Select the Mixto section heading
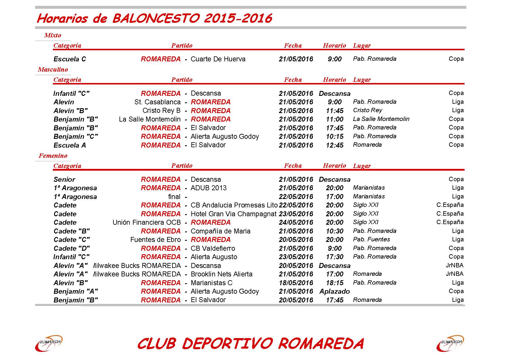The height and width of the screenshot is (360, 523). pyautogui.click(x=53, y=35)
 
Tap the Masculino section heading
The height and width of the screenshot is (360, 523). pyautogui.click(x=53, y=70)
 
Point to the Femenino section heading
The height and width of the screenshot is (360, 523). pyautogui.click(x=53, y=156)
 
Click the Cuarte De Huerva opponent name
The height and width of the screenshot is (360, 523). pyautogui.click(x=218, y=59)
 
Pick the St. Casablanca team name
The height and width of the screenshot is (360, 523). pyautogui.click(x=157, y=102)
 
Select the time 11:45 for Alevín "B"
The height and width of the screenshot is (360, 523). pyautogui.click(x=335, y=111)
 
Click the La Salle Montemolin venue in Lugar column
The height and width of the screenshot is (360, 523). pyautogui.click(x=381, y=119)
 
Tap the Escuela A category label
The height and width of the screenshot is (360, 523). pyautogui.click(x=70, y=145)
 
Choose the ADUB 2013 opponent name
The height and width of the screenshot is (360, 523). pyautogui.click(x=209, y=188)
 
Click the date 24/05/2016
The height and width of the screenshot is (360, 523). pyautogui.click(x=296, y=222)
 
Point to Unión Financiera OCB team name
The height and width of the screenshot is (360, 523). pyautogui.click(x=147, y=222)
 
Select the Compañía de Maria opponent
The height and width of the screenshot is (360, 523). pyautogui.click(x=220, y=231)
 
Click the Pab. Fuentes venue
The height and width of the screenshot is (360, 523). pyautogui.click(x=371, y=239)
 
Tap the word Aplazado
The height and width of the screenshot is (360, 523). pyautogui.click(x=335, y=291)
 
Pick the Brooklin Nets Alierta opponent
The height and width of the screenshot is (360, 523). pyautogui.click(x=221, y=274)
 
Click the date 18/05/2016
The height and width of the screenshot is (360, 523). pyautogui.click(x=296, y=283)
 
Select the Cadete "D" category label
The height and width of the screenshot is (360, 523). pyautogui.click(x=72, y=248)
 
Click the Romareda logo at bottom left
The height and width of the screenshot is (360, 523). pyautogui.click(x=49, y=343)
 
